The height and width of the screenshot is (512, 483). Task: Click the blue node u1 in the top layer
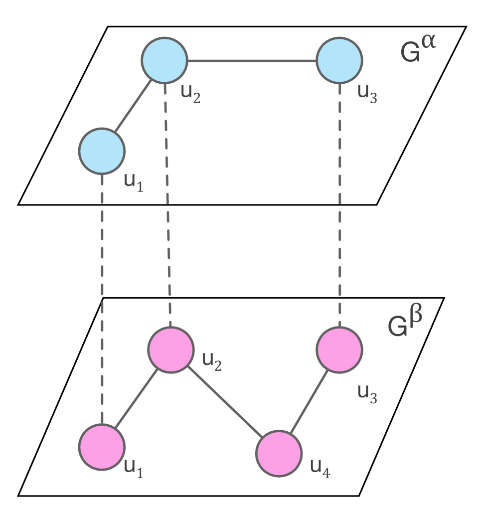pyautogui.click(x=102, y=151)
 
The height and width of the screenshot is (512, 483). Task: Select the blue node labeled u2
pyautogui.click(x=164, y=60)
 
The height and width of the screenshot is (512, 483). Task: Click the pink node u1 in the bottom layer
pyautogui.click(x=102, y=446)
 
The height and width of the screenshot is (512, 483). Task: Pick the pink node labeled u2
pyautogui.click(x=170, y=349)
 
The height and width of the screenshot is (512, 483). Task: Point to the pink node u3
pyautogui.click(x=339, y=349)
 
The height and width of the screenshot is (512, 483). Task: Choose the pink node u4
pyautogui.click(x=279, y=453)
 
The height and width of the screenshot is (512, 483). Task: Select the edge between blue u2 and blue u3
pyautogui.click(x=252, y=61)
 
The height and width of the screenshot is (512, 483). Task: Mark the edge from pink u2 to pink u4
pyautogui.click(x=224, y=401)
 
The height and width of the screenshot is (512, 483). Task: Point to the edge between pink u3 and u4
pyautogui.click(x=309, y=401)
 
